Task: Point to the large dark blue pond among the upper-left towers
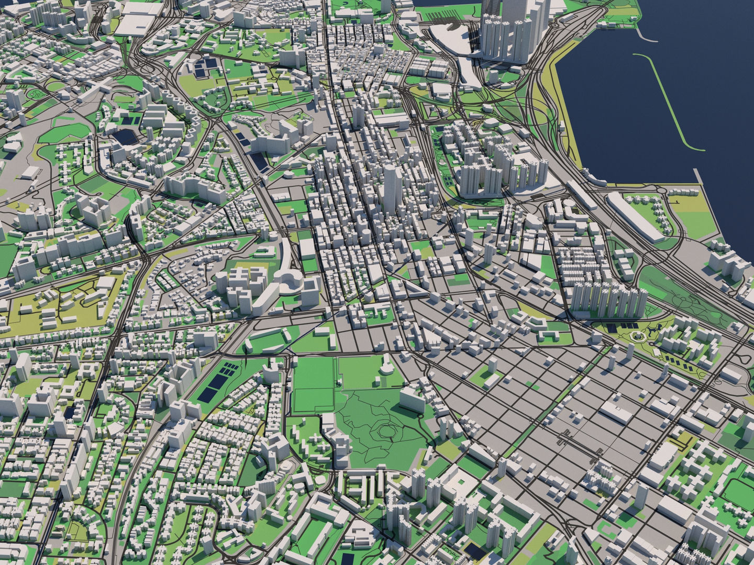pyautogui.click(x=124, y=136)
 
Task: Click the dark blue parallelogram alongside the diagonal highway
pyautogui.click(x=261, y=162)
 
